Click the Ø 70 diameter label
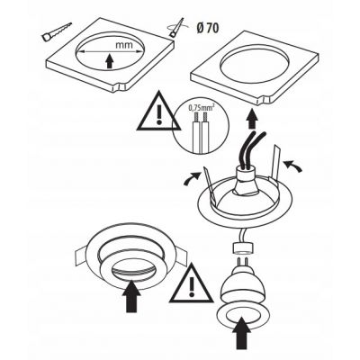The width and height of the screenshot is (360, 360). [x=208, y=28]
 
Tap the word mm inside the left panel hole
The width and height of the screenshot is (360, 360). [x=124, y=45]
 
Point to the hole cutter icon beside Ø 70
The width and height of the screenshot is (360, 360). [x=176, y=28]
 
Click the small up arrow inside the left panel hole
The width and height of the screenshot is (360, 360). [x=110, y=60]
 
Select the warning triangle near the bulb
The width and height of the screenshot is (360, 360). [x=192, y=283]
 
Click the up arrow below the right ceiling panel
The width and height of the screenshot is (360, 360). [x=254, y=119]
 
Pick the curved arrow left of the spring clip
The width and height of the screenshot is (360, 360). [x=192, y=178]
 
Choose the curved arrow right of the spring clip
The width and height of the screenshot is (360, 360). [x=292, y=166]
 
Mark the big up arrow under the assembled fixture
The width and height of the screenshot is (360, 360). [x=131, y=296]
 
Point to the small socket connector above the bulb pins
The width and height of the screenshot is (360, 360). [x=243, y=247]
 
